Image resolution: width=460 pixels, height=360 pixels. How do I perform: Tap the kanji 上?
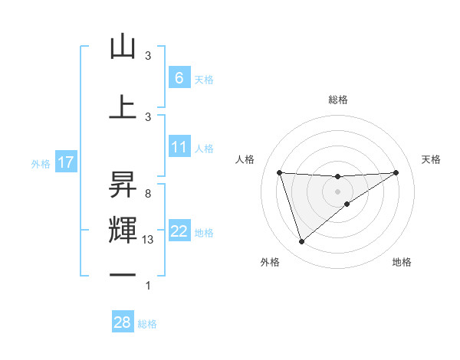pos(123,106)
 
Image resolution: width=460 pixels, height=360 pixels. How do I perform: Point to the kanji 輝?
pos(123,230)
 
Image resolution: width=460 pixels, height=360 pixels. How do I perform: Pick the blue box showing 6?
pos(179,77)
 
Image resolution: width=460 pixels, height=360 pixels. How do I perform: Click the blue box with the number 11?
pos(179,147)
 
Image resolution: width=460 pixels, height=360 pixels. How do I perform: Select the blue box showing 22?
pos(179,231)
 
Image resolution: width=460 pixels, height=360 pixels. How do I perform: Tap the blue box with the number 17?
pos(65,162)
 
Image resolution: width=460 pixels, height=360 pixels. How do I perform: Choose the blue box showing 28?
pos(123,322)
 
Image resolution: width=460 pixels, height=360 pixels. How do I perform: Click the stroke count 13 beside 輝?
pos(148,240)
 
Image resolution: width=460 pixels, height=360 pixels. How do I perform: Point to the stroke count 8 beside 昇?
pos(147,194)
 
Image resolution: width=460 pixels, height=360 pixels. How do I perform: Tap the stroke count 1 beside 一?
pos(147,286)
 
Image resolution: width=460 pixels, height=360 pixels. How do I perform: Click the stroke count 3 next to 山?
pos(148,56)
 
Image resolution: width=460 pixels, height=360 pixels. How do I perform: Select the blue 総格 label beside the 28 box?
pos(147,324)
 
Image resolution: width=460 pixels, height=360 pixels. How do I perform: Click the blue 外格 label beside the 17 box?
pos(40,163)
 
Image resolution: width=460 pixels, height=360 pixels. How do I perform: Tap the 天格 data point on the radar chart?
pos(396,172)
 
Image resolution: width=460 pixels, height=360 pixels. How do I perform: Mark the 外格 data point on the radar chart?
pos(301,242)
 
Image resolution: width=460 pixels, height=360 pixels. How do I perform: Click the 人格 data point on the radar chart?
pos(279,172)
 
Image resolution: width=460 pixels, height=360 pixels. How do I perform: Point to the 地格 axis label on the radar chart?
pos(402,262)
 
